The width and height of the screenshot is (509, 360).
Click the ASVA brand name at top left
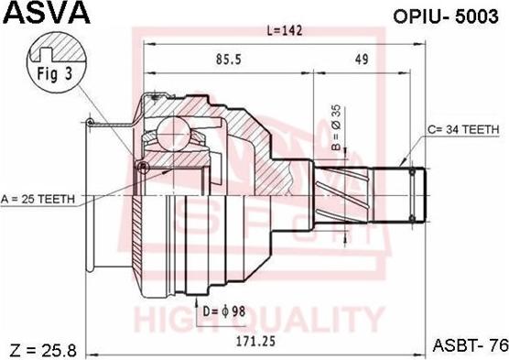coord(47,13)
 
